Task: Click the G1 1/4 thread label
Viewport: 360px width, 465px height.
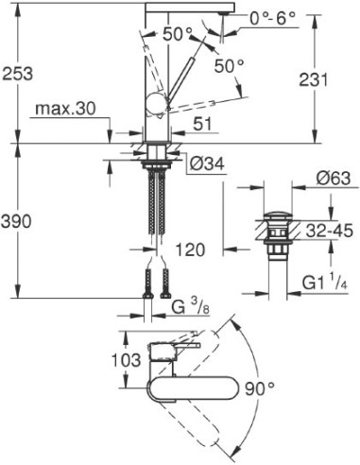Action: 326,282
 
